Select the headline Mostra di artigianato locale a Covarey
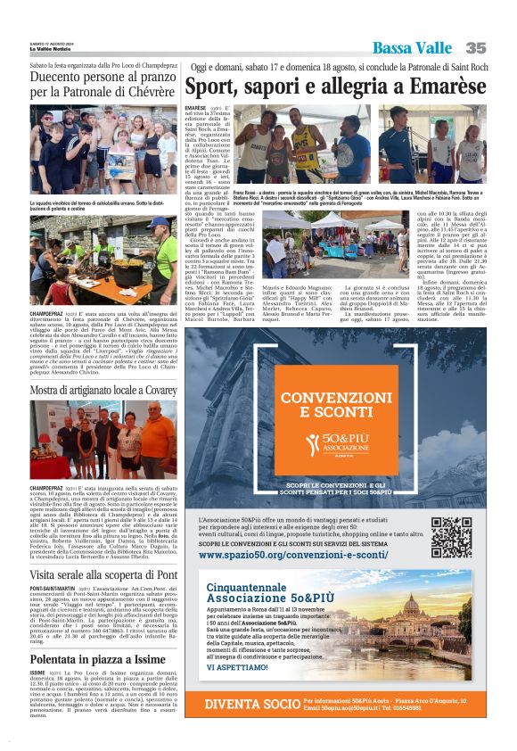coord(103,392)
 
